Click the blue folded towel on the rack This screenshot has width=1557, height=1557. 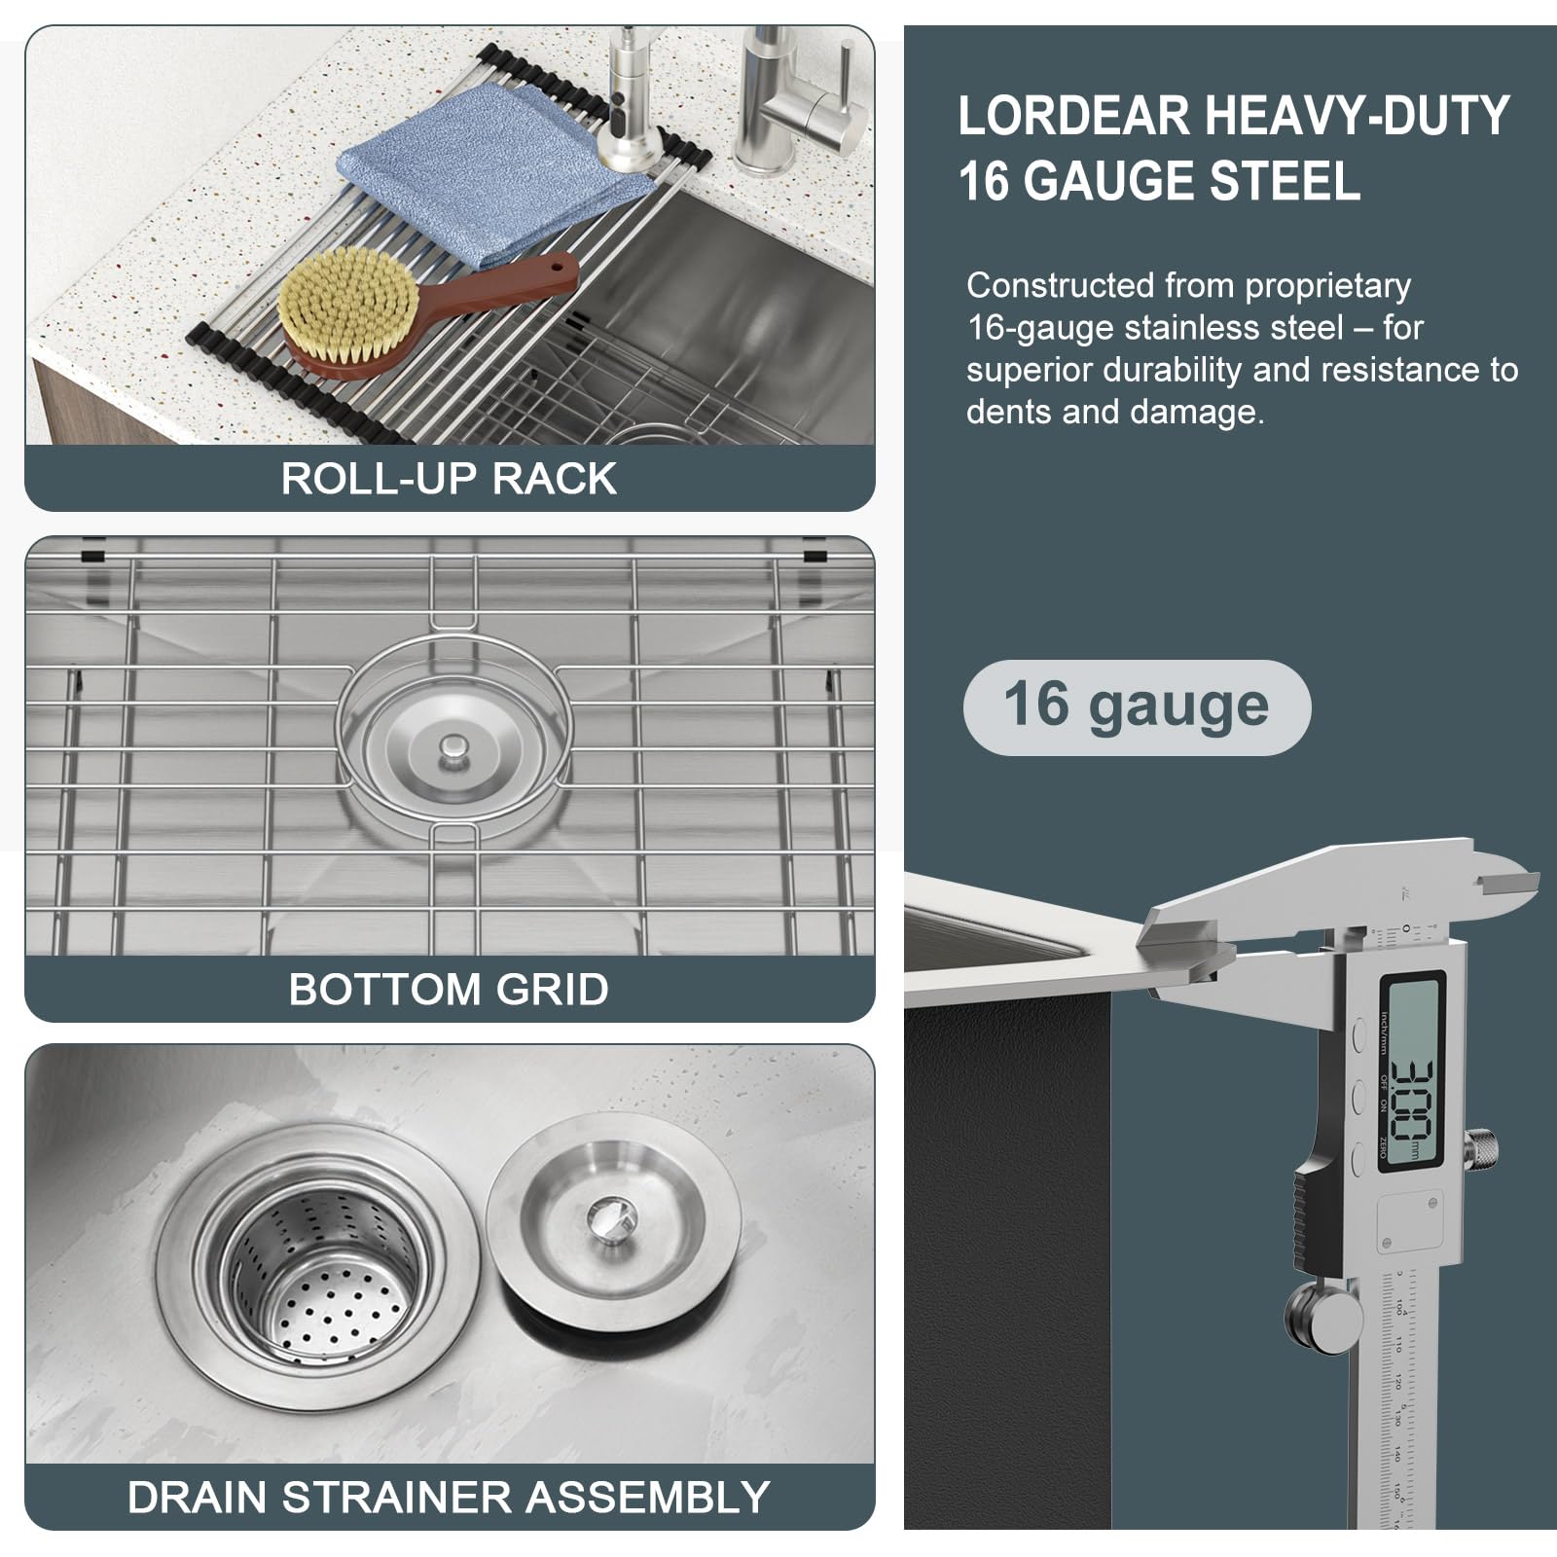point(487,165)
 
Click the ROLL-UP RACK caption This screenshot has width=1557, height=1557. point(449,479)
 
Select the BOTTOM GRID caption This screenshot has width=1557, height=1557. point(449,990)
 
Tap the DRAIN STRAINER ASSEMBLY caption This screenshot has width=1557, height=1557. point(449,1498)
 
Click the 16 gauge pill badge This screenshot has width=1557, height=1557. point(1137,706)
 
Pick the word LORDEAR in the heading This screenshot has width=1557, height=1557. point(1074,117)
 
